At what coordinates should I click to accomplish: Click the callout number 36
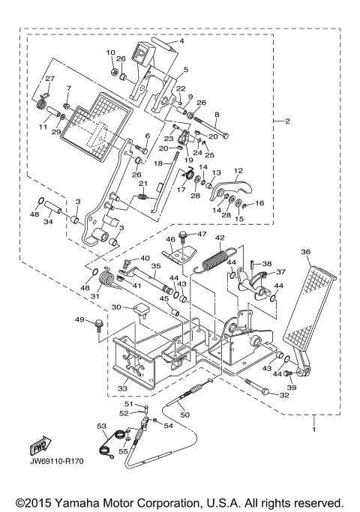coord(306,252)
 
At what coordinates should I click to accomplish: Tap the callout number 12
coord(239,170)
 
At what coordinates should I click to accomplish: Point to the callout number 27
coord(49,79)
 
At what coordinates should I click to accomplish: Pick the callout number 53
coord(101,426)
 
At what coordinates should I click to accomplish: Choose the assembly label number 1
coord(314,431)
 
